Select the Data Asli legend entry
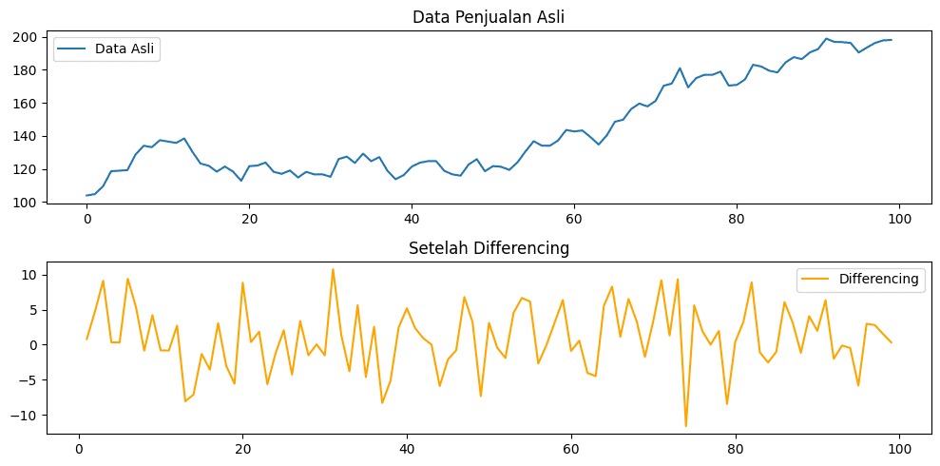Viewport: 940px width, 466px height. pos(106,49)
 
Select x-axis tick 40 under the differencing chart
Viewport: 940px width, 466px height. pos(407,449)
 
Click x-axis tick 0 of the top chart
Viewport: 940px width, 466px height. pos(86,218)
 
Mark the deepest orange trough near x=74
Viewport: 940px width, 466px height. pos(685,426)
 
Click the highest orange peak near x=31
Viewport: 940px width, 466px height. pos(333,269)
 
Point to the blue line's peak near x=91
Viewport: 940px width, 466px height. pos(826,39)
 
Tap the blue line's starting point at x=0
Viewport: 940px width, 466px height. pos(86,196)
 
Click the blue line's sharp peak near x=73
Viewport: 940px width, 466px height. pos(680,68)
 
